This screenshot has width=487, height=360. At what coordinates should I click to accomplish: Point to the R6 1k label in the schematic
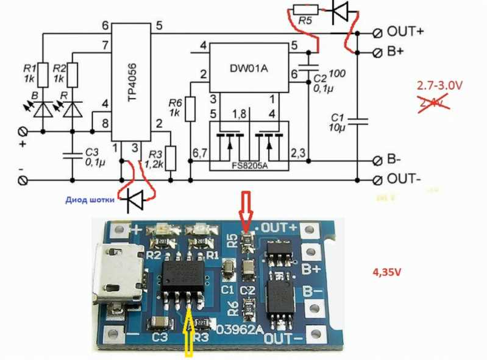(176, 107)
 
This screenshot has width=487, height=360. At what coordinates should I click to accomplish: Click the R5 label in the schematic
(306, 22)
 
